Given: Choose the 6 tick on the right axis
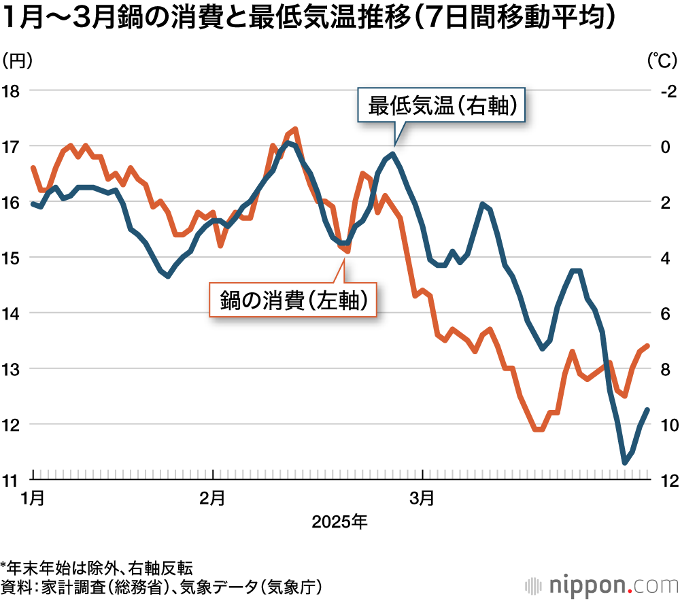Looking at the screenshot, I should (x=666, y=313).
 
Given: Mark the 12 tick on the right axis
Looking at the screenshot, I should (x=666, y=480).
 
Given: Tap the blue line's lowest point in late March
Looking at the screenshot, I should (x=624, y=463).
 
